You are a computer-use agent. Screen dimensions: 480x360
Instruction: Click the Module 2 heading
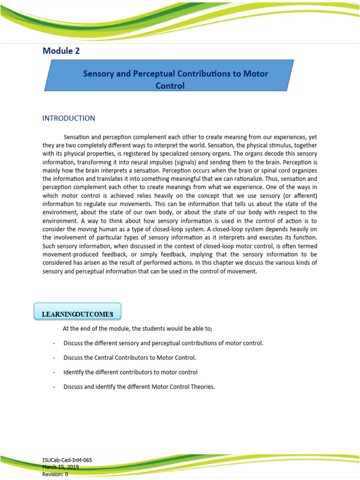(x=61, y=51)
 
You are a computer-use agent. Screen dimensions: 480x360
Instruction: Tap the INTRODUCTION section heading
(x=68, y=118)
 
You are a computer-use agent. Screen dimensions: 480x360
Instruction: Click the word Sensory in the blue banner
(x=99, y=74)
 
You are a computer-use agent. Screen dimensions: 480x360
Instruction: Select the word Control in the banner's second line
(x=170, y=86)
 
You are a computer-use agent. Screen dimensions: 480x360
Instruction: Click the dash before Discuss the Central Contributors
(x=54, y=358)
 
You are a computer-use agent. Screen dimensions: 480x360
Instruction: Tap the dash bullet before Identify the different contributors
(x=54, y=372)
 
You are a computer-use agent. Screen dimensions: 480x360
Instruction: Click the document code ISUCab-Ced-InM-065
(x=67, y=460)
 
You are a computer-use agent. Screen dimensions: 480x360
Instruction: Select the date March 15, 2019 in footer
(x=60, y=467)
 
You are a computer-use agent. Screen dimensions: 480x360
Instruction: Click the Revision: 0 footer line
(x=55, y=474)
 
